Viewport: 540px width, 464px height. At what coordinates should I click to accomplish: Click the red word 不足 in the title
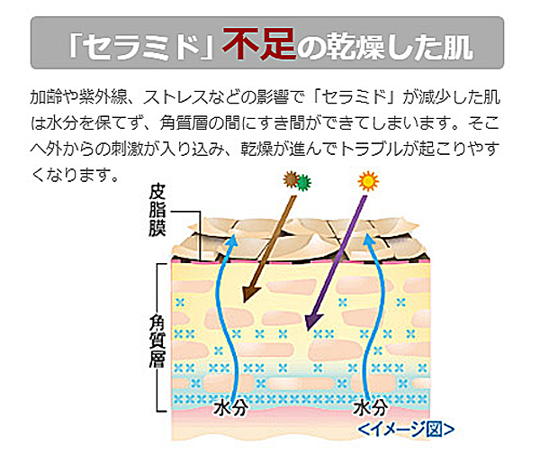tap(259, 44)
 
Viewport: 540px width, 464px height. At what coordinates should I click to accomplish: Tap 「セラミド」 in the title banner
tap(141, 46)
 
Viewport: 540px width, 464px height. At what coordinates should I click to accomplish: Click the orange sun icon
tap(368, 180)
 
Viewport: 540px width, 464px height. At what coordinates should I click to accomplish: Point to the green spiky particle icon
tap(303, 182)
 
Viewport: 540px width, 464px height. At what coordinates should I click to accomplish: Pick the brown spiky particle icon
tap(291, 179)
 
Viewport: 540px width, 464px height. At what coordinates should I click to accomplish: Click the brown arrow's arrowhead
tap(250, 293)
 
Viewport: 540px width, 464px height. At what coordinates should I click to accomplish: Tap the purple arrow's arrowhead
tap(313, 322)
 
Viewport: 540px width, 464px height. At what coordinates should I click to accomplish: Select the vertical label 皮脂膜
tap(157, 210)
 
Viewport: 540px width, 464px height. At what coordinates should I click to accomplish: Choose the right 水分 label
tap(371, 407)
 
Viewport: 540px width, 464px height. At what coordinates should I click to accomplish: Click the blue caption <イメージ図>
tap(406, 430)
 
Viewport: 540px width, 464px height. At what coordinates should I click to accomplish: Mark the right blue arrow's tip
tap(367, 234)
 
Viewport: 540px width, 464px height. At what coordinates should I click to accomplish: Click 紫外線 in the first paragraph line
tap(103, 97)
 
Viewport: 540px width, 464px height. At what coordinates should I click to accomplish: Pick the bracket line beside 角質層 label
tap(157, 338)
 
